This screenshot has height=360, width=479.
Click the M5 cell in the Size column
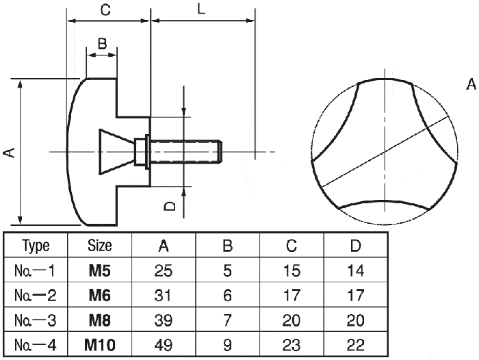100,270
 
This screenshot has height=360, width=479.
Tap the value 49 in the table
164,346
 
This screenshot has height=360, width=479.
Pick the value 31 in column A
164,296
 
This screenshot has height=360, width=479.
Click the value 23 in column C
292,346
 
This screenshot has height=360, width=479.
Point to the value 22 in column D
356,346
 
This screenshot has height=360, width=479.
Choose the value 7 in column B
227,320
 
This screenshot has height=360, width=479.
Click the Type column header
36,246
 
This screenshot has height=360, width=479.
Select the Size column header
100,246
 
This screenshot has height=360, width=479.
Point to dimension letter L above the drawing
200,9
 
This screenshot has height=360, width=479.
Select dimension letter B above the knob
101,44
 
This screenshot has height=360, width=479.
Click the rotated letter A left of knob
9,152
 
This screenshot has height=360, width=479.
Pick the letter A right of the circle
471,85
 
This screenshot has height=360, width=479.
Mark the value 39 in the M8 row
164,320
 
